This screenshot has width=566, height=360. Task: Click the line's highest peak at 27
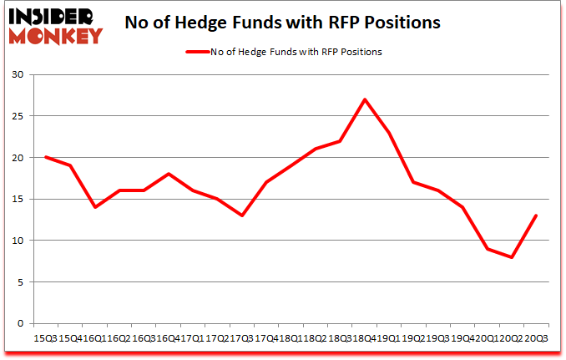pos(365,99)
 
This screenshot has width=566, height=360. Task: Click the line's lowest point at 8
pos(511,257)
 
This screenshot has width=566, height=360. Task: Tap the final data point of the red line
pos(535,215)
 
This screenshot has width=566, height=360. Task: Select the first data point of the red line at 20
pos(46,157)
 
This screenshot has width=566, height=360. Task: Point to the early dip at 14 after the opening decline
pos(95,207)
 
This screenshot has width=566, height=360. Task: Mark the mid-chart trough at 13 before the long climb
pos(242,215)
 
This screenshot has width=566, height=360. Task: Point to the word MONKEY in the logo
pos(55,34)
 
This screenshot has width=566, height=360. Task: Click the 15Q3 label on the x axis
pos(43,337)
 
